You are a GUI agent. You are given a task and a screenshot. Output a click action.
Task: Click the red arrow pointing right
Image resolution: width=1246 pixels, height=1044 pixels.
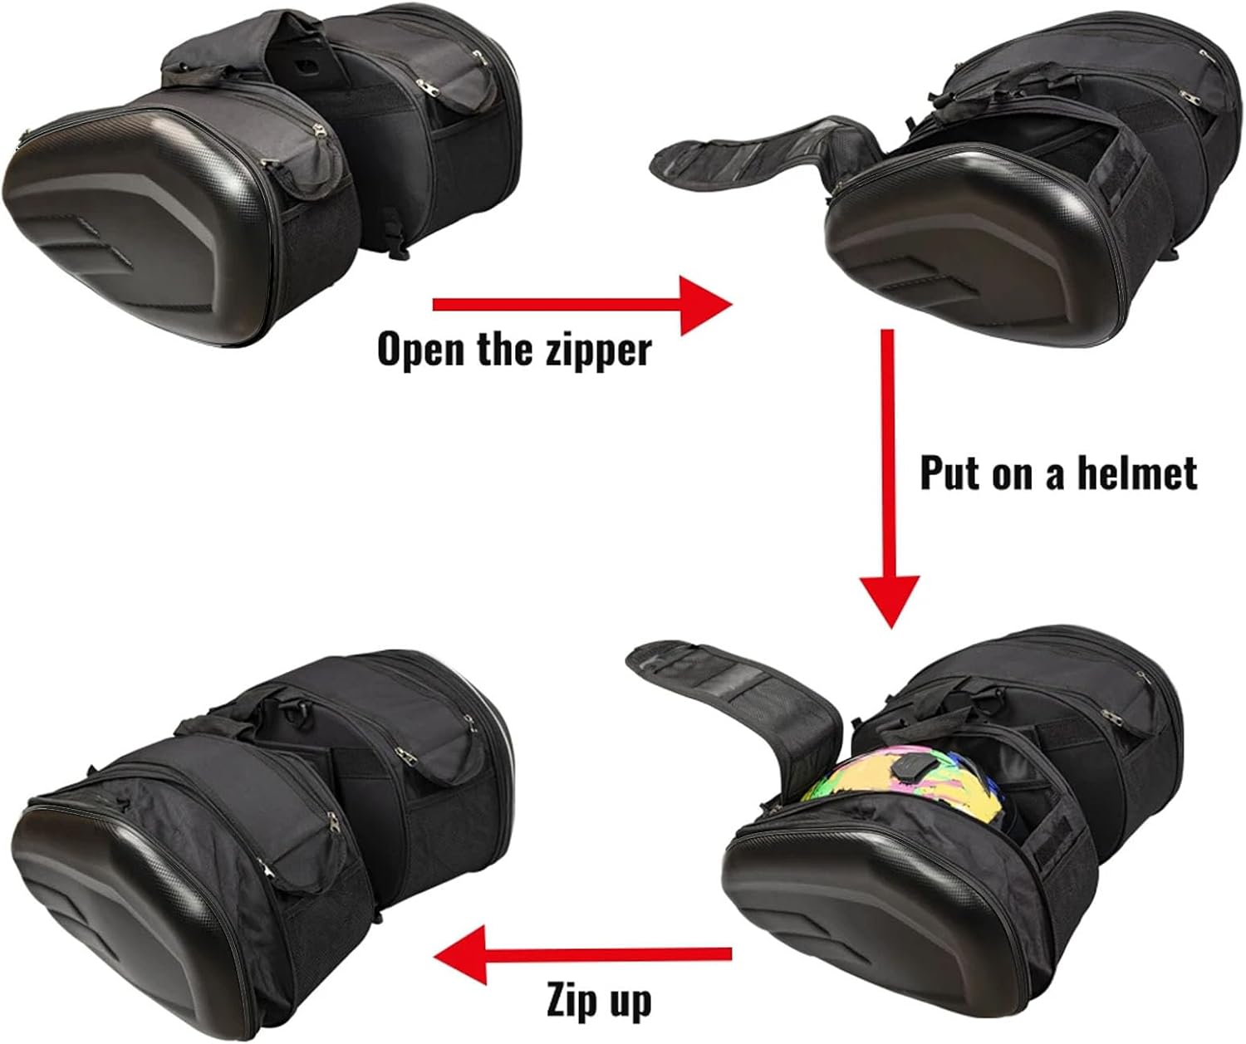click(x=582, y=305)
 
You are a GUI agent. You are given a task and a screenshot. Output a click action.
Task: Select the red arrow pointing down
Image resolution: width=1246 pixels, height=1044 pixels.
click(x=889, y=478)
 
